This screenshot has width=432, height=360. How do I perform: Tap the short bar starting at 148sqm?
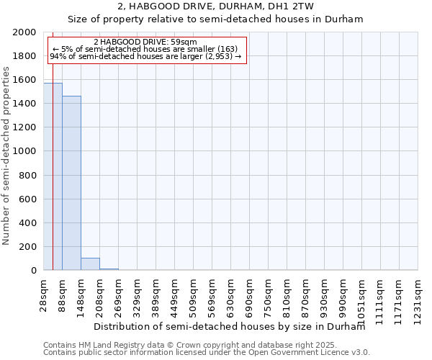coord(90,264)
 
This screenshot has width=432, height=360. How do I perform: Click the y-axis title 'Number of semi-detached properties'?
coord(6,156)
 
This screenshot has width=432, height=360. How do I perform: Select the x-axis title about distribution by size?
coord(230,326)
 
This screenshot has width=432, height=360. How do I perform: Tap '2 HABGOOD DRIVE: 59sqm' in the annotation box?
coord(150,42)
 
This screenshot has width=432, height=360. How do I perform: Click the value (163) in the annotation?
coord(226,49)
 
